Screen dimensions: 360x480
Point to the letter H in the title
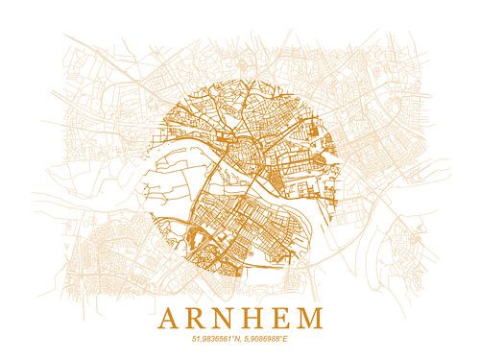(257, 317)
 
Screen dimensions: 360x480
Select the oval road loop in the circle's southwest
(204, 236)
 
